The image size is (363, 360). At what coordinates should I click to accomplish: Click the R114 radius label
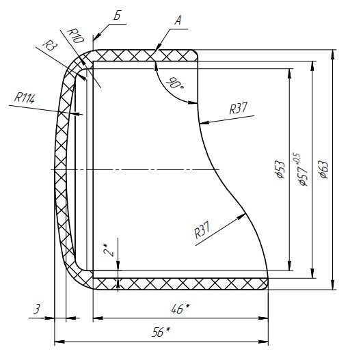(x=25, y=98)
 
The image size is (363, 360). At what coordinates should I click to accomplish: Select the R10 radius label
(x=75, y=36)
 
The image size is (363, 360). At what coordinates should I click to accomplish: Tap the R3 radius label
(x=50, y=45)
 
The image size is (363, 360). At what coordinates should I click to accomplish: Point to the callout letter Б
(x=118, y=16)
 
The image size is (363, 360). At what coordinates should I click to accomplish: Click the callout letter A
(x=178, y=20)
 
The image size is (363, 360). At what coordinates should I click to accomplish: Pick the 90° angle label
(x=175, y=83)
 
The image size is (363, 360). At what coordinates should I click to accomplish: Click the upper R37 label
(x=239, y=108)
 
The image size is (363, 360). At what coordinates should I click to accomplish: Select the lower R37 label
(x=202, y=230)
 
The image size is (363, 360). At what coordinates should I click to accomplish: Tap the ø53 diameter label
(x=280, y=169)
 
